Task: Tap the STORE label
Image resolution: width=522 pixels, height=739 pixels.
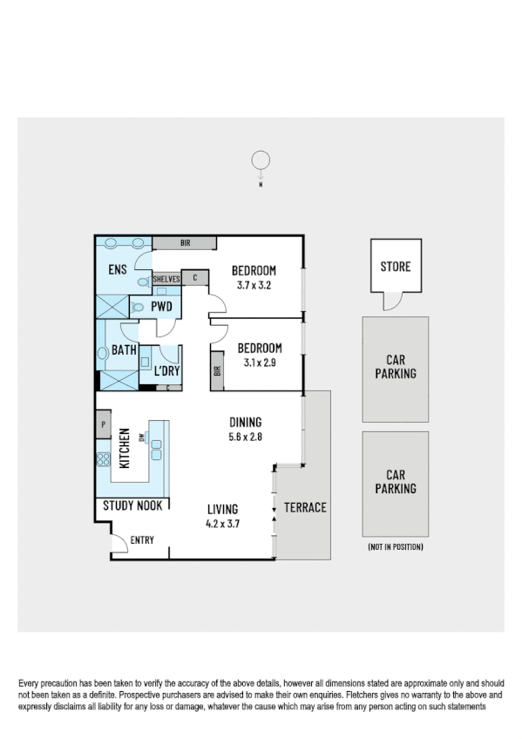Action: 395,267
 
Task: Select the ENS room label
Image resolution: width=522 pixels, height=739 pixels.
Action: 118,270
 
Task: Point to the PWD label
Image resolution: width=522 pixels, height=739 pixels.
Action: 160,307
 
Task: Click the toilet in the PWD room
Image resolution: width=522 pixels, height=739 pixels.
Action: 138,306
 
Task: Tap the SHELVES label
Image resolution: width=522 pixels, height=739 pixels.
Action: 166,279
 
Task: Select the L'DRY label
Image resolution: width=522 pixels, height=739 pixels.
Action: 166,371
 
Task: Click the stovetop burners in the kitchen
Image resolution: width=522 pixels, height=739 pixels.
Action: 102,459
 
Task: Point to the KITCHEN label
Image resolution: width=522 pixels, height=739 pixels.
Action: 125,448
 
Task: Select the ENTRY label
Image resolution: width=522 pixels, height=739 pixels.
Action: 142,540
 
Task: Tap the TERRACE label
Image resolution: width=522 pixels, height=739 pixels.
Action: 305,507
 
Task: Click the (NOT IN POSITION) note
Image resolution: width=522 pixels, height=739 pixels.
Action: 395,547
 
